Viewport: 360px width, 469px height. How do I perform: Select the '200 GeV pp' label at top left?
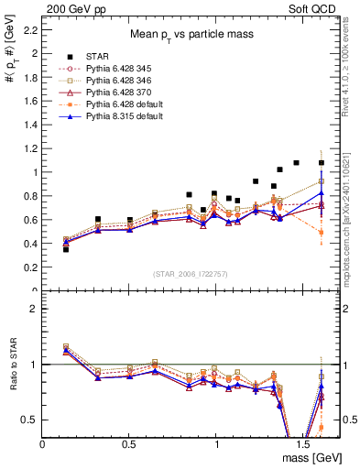pyautogui.click(x=71, y=7)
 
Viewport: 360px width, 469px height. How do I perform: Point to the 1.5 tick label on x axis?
pyautogui.click(x=303, y=443)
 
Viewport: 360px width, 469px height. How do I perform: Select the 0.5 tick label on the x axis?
pyautogui.click(x=129, y=443)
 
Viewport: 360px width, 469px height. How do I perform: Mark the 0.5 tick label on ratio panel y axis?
pyautogui.click(x=29, y=420)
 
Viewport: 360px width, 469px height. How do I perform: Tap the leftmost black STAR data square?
pyautogui.click(x=65, y=249)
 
